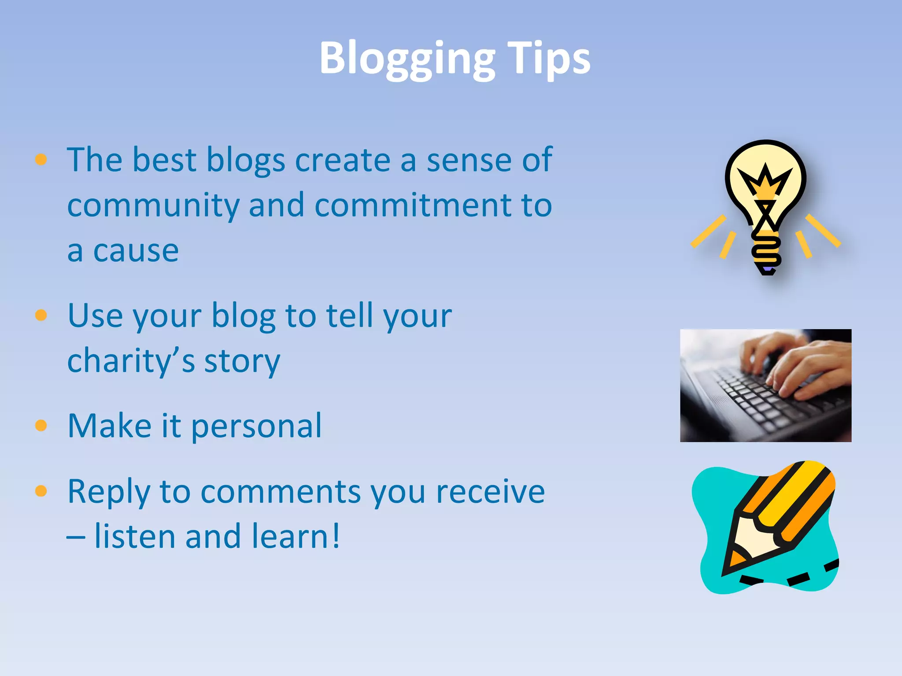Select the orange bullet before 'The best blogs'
point(41,159)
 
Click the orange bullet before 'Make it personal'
point(41,426)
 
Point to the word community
point(153,206)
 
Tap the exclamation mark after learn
point(336,536)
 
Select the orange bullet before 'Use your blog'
point(41,315)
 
